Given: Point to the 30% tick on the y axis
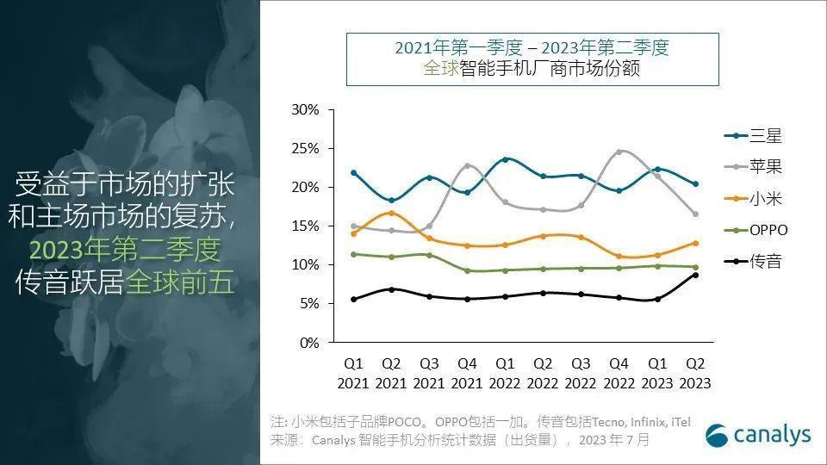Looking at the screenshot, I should (305, 110).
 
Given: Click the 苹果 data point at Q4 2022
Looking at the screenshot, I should (619, 152).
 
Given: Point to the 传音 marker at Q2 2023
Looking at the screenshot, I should (694, 275).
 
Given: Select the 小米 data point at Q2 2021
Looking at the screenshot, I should (391, 213).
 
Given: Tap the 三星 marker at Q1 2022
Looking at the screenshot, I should (505, 159).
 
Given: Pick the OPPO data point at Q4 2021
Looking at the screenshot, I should (467, 270).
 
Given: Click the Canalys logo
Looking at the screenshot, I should (758, 435).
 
